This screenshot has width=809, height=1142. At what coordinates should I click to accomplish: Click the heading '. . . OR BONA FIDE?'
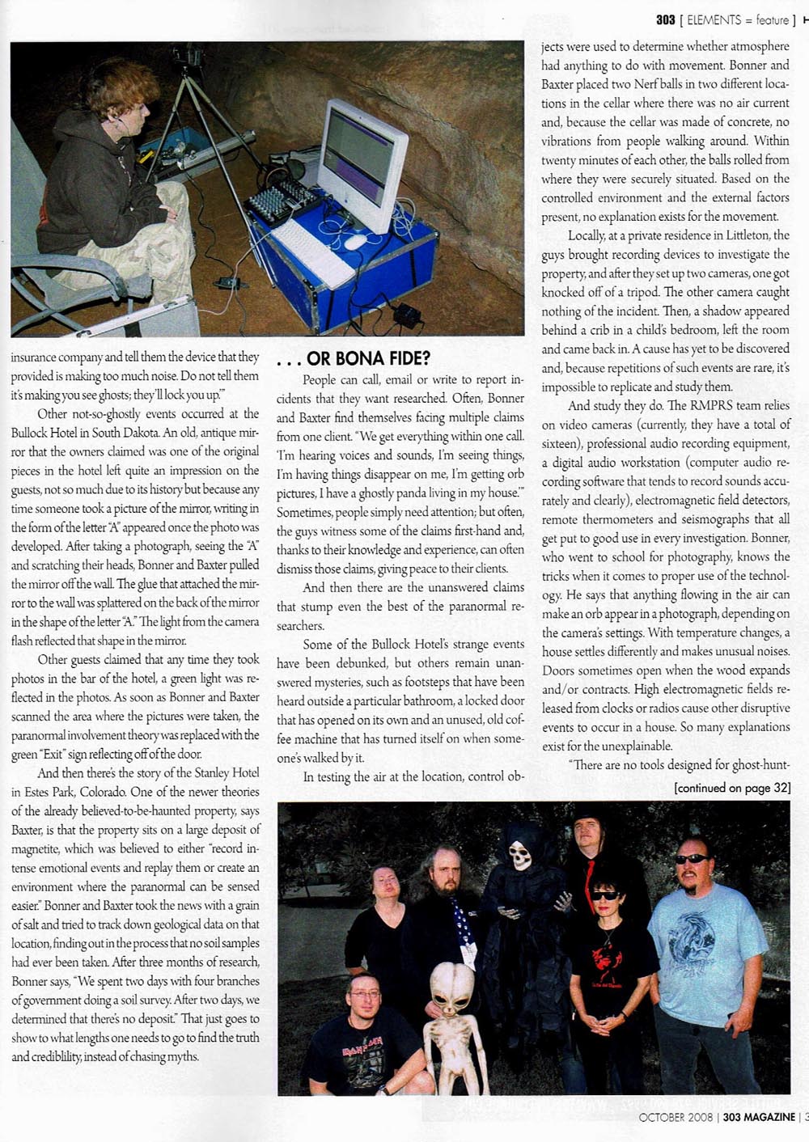pos(354,358)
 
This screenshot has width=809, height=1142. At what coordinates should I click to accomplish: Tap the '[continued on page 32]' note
pos(732,788)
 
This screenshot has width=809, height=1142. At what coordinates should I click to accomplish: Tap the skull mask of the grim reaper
pos(521,856)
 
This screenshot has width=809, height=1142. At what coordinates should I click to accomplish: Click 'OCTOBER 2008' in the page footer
pos(675,1117)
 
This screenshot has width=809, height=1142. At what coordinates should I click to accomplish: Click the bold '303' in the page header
pos(665,19)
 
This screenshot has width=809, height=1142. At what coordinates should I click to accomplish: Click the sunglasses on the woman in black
pos(605,896)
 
